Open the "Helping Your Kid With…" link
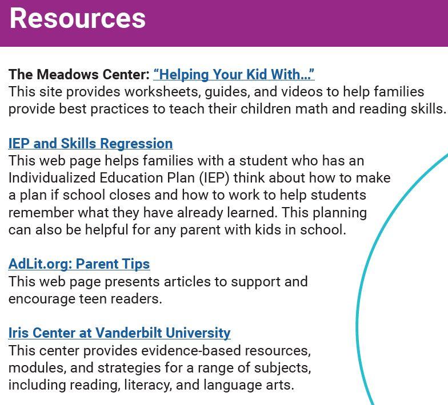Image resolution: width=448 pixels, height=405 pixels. pos(234,74)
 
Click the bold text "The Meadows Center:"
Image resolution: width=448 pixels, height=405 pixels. pos(79,74)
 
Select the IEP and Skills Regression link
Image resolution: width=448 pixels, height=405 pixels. pos(90,143)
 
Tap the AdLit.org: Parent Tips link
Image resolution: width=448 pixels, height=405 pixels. pos(79,264)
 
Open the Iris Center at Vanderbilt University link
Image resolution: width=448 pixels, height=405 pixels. pos(119,333)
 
